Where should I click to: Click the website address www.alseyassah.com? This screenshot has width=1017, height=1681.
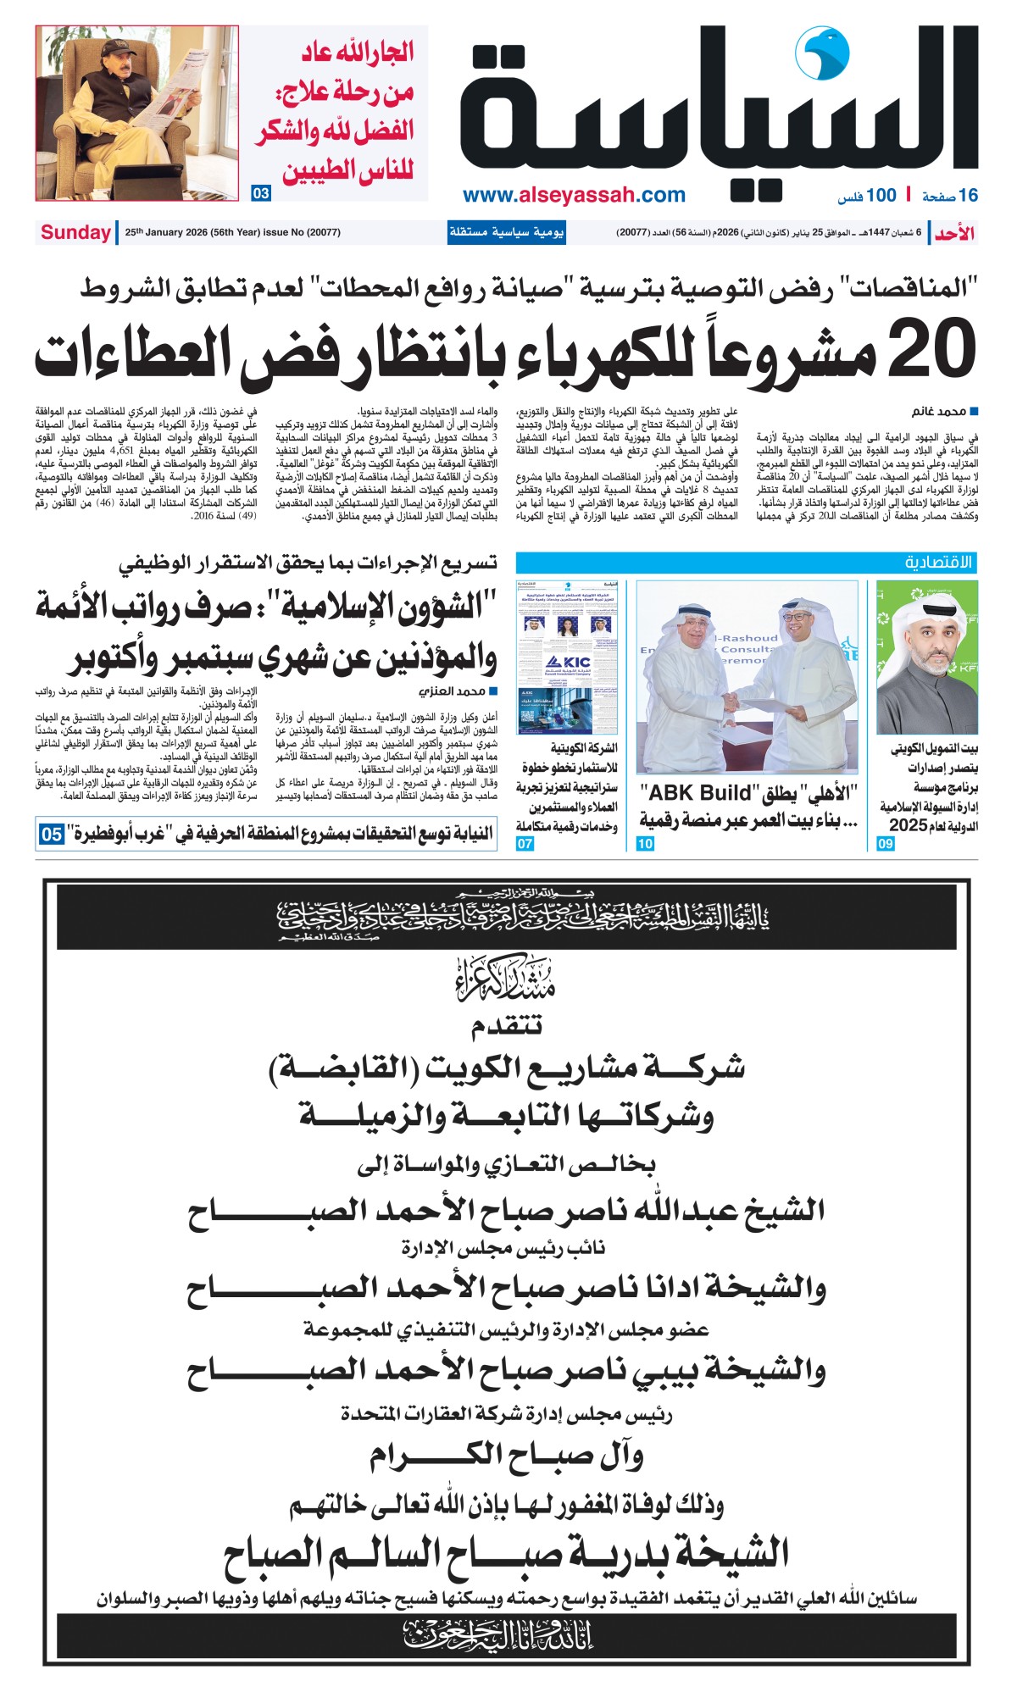coord(574,196)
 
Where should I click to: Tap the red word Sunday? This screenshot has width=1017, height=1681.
coord(75,232)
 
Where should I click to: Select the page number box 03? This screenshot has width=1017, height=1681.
coord(261,193)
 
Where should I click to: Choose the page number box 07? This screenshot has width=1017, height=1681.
coord(525,843)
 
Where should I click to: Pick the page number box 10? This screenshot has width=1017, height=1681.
coord(645,843)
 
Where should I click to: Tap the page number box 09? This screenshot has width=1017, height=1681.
coord(886,843)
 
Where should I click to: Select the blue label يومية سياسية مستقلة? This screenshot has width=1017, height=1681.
coord(506,232)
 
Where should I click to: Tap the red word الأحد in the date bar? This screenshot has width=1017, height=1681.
coord(954,233)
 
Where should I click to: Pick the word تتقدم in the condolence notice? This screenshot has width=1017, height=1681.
coord(507,1027)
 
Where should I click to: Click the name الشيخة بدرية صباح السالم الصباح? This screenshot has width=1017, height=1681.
coord(507,1553)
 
